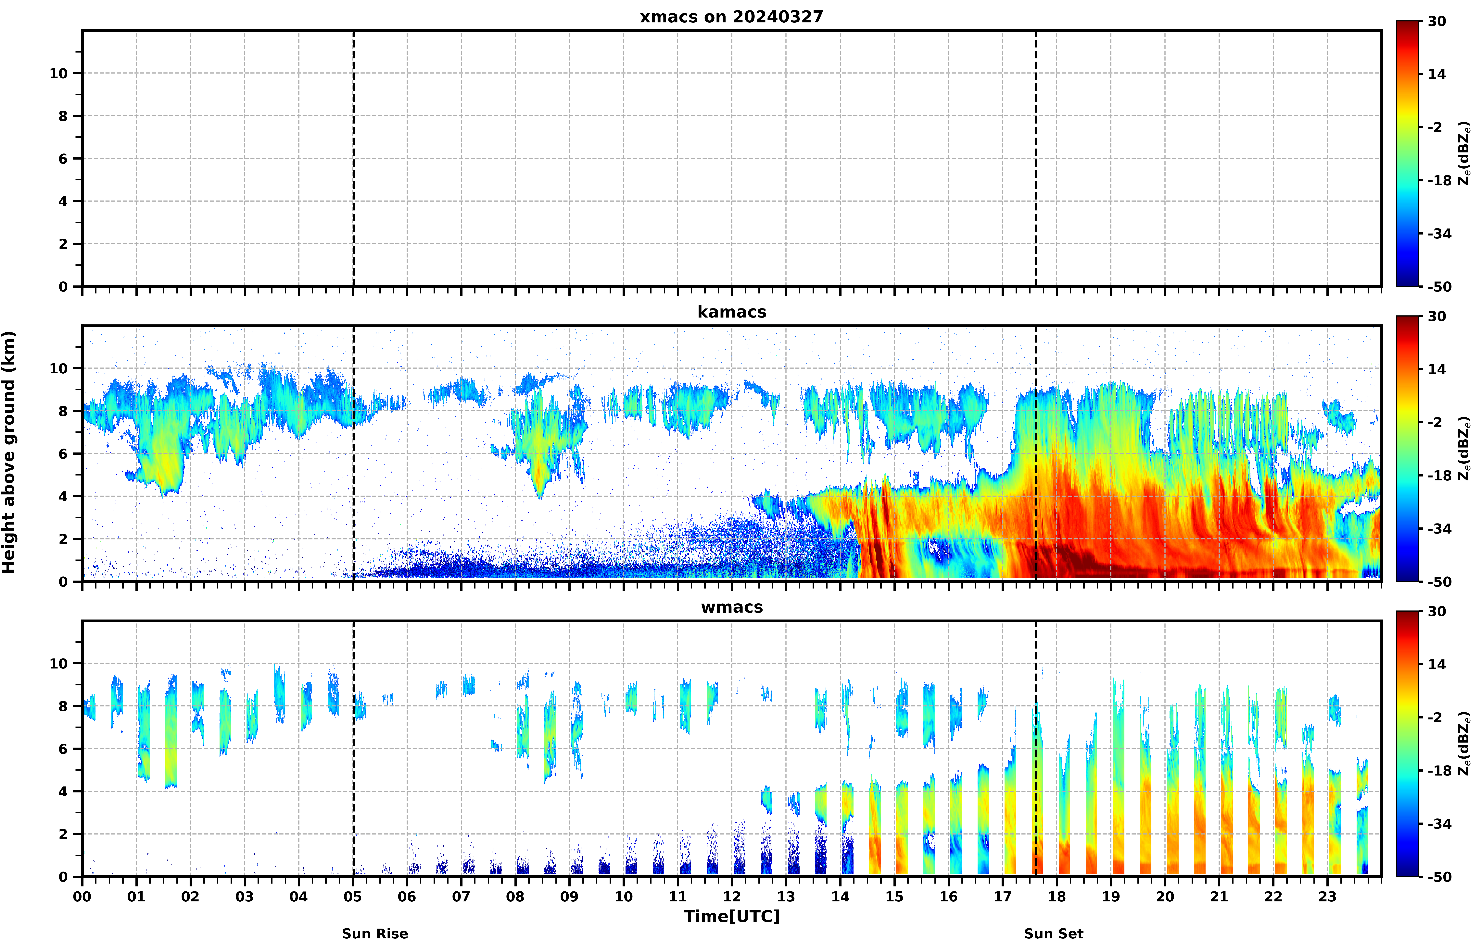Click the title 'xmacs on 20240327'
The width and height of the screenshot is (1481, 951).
pyautogui.click(x=731, y=17)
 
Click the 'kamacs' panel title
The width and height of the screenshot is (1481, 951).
pyautogui.click(x=731, y=312)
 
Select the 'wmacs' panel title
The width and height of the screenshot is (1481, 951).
pyautogui.click(x=731, y=607)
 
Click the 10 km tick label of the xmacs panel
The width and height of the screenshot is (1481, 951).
pyautogui.click(x=59, y=74)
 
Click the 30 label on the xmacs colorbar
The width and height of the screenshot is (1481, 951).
pyautogui.click(x=1437, y=22)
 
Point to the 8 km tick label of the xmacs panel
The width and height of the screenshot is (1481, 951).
pyautogui.click(x=63, y=116)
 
